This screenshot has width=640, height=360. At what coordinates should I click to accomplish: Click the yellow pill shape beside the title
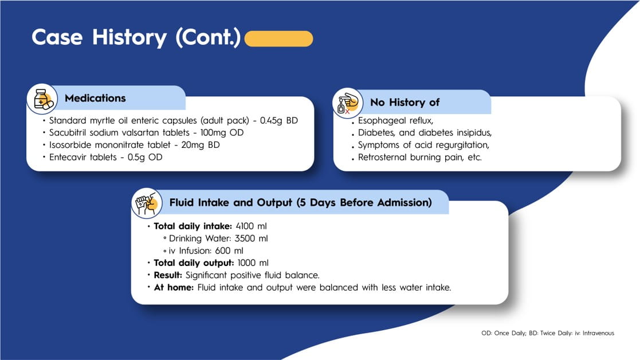coord(279,38)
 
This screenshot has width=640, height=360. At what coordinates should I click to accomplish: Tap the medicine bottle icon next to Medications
coord(42,99)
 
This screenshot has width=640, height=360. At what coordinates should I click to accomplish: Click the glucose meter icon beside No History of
coord(348,103)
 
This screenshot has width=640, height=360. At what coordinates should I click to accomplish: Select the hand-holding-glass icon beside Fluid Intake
coord(147,204)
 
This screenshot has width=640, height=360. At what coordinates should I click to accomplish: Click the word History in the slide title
coord(129,38)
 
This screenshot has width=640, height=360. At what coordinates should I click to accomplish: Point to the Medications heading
coord(95,98)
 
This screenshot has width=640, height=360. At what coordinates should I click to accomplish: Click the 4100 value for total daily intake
coord(245,226)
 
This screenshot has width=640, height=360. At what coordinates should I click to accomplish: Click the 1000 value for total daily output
coord(247,263)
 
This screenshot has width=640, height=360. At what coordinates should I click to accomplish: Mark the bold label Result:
coord(168,275)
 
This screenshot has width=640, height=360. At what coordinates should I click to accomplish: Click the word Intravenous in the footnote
coord(598,333)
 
